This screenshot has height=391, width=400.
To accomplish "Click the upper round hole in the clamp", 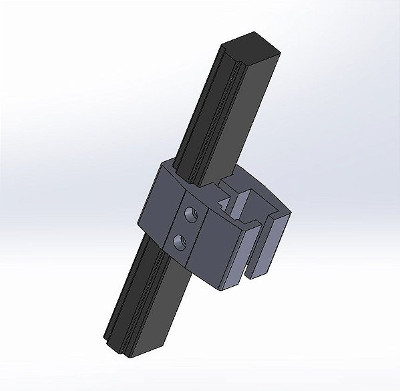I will click(191, 215).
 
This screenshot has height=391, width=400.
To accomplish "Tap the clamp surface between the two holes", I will click(185, 228).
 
